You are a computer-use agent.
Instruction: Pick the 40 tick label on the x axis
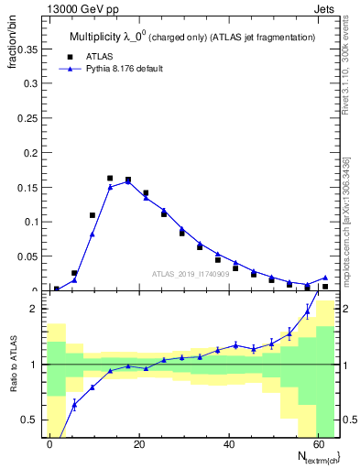coord(228,443)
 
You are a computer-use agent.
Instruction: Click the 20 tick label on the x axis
coord(138,443)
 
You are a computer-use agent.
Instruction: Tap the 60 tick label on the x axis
coord(317,443)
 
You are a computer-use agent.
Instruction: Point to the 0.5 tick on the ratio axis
coord(30,420)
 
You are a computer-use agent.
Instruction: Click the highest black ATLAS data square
coord(110,179)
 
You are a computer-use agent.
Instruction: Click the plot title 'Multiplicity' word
coord(94,37)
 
